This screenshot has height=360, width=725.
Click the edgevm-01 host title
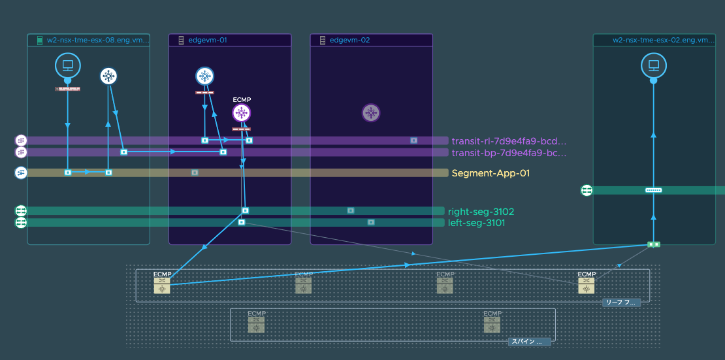208,41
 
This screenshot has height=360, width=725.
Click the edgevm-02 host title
349,41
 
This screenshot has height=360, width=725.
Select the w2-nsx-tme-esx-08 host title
97,41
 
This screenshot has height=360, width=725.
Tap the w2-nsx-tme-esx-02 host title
664,41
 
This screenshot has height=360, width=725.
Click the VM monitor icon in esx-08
67,65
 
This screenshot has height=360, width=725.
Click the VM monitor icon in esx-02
652,65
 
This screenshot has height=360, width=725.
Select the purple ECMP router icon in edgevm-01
242,113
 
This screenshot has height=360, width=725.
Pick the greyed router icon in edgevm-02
371,113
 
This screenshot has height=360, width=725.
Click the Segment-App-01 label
491,173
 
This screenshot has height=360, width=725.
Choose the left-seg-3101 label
476,223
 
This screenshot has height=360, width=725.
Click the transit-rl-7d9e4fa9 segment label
509,140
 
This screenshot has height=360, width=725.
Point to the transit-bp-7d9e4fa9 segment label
509,153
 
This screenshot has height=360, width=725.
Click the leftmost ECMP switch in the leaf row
161,285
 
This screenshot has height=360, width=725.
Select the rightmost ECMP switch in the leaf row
586,285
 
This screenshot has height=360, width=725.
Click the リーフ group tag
621,303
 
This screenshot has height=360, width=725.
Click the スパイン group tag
529,342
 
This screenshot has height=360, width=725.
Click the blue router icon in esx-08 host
108,76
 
